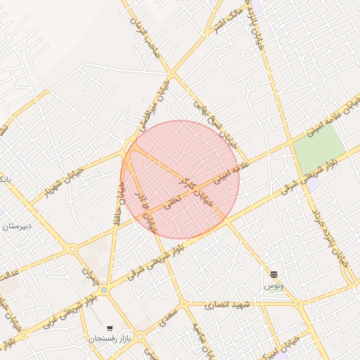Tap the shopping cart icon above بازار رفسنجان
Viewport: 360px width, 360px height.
(x=110, y=328)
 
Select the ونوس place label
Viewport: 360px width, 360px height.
(x=274, y=286)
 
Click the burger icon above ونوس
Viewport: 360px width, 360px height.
(x=274, y=274)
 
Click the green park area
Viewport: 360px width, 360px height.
(x=319, y=150)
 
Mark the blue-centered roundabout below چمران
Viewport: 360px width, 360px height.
(x=104, y=289)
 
